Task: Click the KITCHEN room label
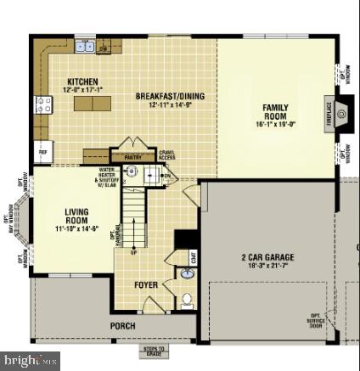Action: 82,82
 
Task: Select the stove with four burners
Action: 43,105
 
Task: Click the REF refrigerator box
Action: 42,153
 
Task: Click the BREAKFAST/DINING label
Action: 170,96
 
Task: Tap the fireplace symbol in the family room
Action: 341,112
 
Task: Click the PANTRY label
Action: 132,157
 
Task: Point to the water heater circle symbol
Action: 132,172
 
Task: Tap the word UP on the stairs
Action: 133,252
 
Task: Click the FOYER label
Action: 146,284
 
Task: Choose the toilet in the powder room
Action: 186,299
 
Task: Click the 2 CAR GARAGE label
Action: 267,257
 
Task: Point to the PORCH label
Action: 122,325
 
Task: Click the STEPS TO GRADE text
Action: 155,350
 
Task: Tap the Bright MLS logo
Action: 31,361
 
